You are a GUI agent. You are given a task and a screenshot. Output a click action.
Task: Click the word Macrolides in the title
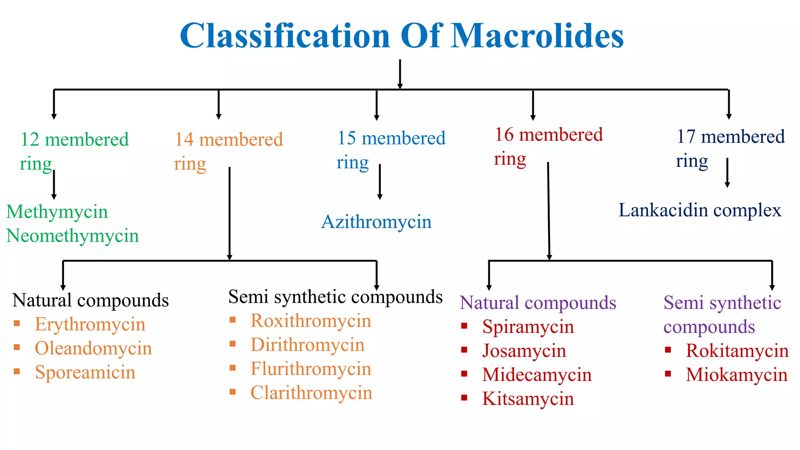tap(537, 36)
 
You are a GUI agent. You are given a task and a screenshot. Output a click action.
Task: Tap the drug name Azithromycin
tap(376, 222)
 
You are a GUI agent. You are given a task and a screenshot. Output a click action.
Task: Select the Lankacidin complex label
tap(700, 211)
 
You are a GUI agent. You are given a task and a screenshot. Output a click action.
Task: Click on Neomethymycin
tap(73, 236)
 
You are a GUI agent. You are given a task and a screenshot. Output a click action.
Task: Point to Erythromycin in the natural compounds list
tap(90, 325)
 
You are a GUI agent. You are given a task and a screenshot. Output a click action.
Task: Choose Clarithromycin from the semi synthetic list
tap(311, 393)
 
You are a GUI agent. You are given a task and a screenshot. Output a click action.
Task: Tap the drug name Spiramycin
tap(528, 327)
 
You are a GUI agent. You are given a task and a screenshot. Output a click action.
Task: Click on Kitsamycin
tap(528, 399)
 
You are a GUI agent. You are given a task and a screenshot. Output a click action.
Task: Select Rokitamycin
tap(737, 351)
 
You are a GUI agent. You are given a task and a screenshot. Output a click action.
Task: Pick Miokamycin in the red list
tap(737, 375)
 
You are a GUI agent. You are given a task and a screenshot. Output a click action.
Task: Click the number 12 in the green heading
tap(30, 140)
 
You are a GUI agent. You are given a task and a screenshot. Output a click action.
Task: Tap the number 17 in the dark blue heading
tap(686, 137)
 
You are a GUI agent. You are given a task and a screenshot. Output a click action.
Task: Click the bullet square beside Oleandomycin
tap(17, 347)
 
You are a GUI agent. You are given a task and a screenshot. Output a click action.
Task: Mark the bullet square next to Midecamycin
tap(464, 374)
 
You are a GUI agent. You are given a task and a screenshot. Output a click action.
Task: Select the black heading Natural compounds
tap(91, 300)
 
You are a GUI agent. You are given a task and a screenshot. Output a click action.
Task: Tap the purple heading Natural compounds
tap(538, 303)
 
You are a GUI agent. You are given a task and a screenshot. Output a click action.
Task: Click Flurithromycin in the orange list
tap(311, 369)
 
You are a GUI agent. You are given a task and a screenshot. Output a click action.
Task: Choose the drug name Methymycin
tap(57, 212)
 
